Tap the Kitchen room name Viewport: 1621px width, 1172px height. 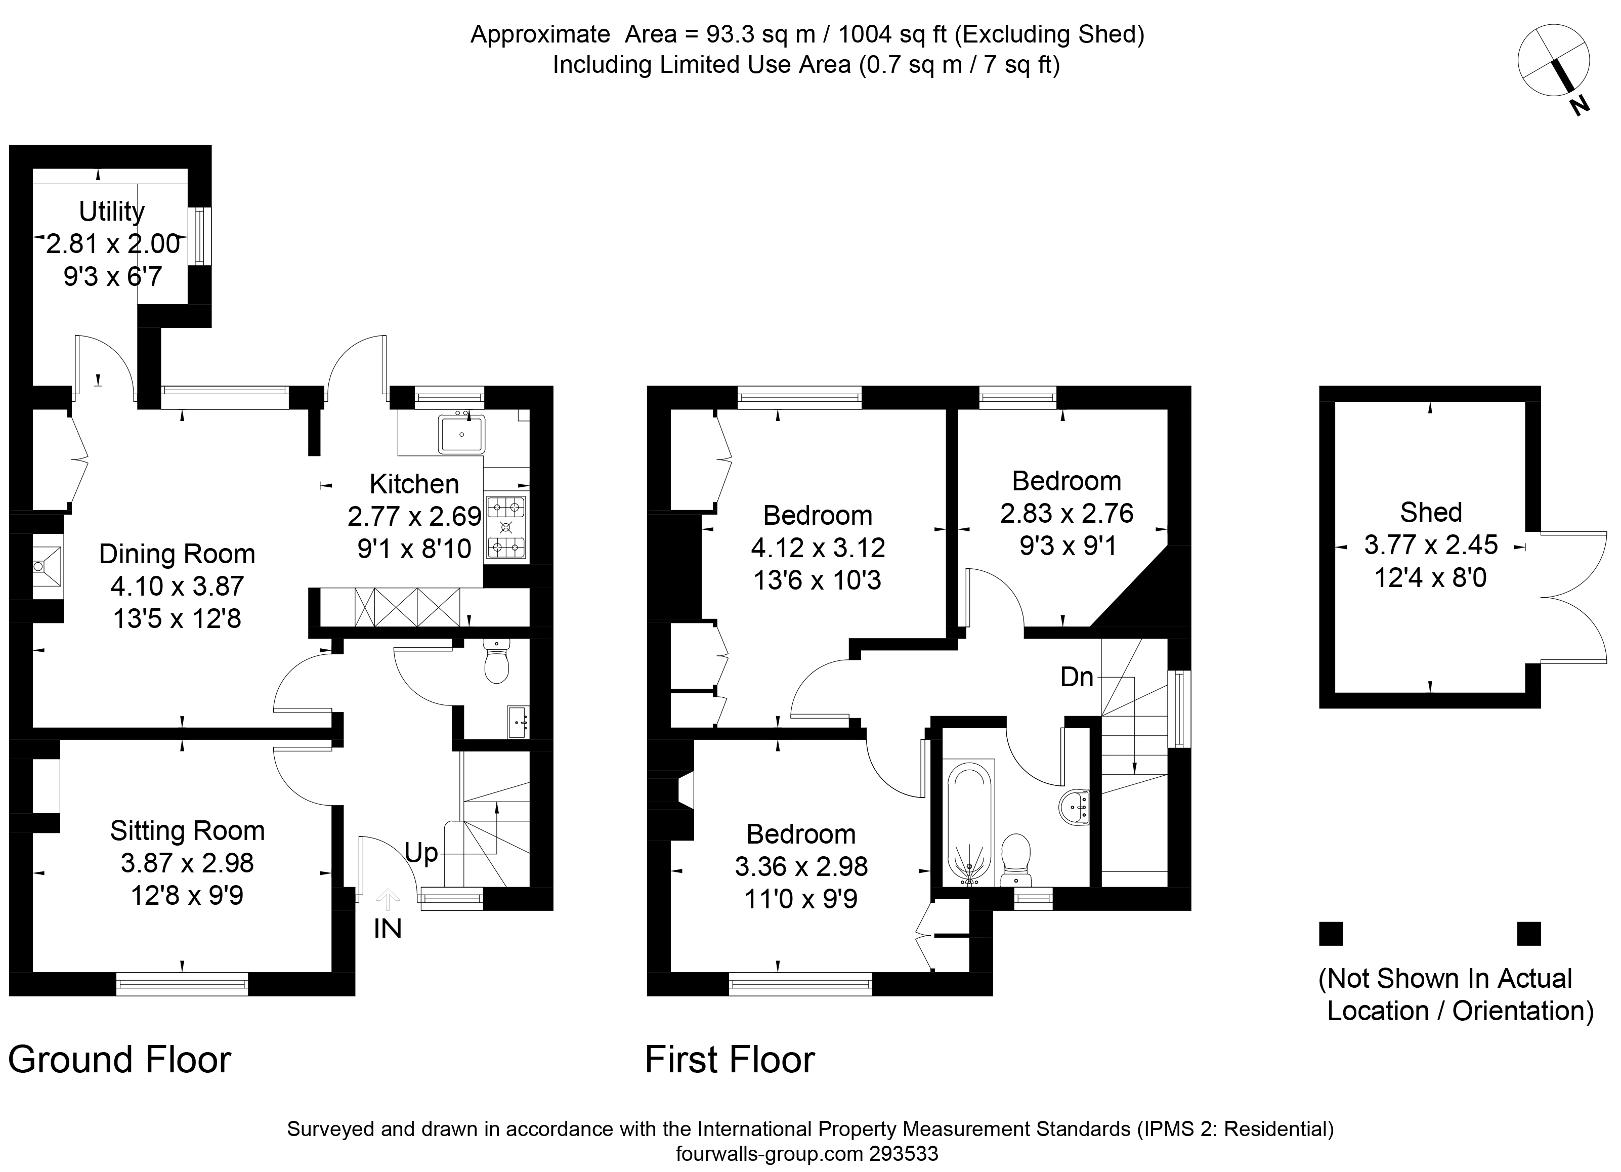[x=414, y=484]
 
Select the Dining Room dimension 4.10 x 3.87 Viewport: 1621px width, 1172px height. [x=177, y=587]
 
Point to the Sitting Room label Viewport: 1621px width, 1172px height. [x=187, y=830]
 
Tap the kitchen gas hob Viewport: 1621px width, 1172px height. [x=506, y=528]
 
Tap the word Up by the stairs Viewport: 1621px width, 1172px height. [x=421, y=854]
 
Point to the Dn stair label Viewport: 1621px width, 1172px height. [x=1077, y=677]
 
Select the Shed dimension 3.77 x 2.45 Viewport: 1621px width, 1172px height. [x=1430, y=545]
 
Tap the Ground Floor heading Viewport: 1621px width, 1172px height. [x=119, y=1059]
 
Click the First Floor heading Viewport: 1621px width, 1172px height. [x=730, y=1059]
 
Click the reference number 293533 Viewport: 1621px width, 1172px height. [x=904, y=1153]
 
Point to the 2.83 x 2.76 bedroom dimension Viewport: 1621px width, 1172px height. [x=1067, y=514]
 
